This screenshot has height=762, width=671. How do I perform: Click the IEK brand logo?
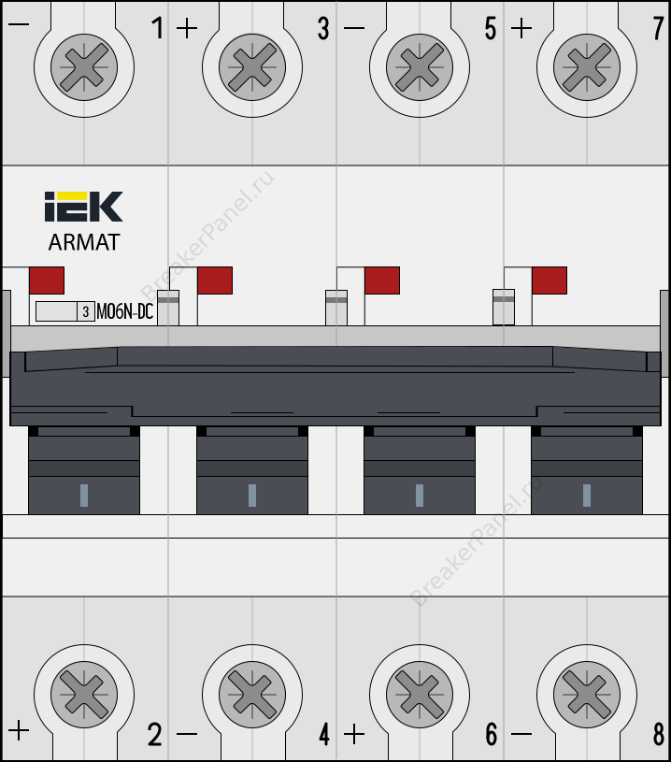coord(83,207)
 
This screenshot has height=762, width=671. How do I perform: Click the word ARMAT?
coord(83,242)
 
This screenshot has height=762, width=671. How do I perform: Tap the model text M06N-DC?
coord(125,311)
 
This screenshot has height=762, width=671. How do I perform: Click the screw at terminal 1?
coord(84,67)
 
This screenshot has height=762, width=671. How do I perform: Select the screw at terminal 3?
coord(252,67)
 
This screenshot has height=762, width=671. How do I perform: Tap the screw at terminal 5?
coord(420,67)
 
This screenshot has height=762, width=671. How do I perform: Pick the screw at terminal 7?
coord(587,67)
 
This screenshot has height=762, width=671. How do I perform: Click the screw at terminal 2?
coord(84,694)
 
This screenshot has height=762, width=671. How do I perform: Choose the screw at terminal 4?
coord(252,694)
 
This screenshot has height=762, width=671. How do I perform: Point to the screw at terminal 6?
coord(420,694)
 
